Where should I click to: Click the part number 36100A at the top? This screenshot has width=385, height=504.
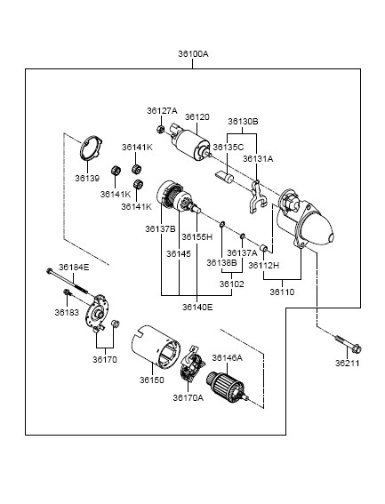coord(193,53)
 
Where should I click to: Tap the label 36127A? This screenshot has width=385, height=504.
coord(162,111)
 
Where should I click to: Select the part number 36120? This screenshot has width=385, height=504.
coord(197,117)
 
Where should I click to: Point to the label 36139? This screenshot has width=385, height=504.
coord(87,178)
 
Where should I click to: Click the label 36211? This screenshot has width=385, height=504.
coord(347,364)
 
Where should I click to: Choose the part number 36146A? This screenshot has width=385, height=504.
coord(227,357)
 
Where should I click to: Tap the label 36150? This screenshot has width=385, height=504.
coord(152,380)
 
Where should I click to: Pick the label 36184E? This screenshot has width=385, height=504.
coord(74,268)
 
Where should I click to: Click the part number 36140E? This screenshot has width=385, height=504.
coord(197,308)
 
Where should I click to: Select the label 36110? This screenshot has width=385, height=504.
coord(282,292)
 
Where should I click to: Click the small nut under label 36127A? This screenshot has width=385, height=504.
coord(160,130)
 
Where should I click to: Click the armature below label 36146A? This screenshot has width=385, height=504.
coord(227,387)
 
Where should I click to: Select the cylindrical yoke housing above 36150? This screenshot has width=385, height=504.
coord(156,346)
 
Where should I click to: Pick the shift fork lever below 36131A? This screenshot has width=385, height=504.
coord(257,196)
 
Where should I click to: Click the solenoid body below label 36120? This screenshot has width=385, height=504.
coord(189,143)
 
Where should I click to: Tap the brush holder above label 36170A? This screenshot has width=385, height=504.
coord(192,364)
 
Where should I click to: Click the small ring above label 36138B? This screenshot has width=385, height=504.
coord(222,224)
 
